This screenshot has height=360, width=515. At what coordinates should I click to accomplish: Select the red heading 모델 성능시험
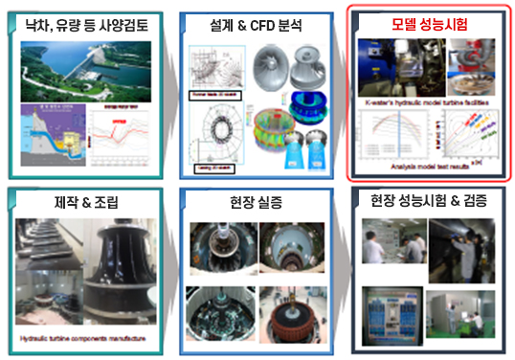(430, 21)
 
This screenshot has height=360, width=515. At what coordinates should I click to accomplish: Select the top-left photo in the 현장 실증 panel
(222, 249)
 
